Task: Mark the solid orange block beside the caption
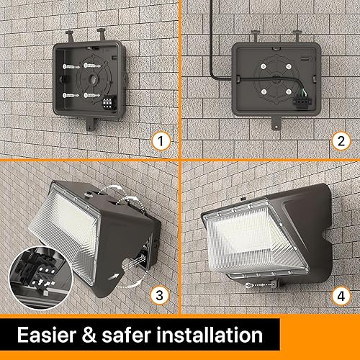(317, 336)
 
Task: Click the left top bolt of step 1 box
(68, 34)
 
